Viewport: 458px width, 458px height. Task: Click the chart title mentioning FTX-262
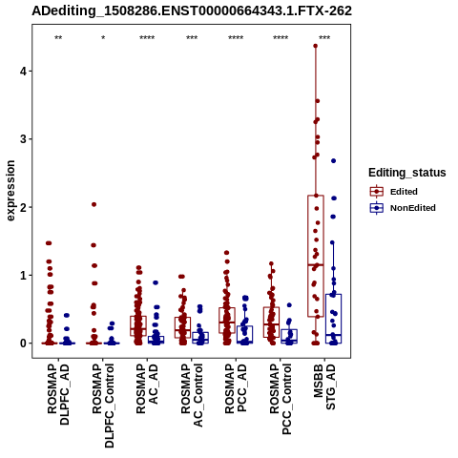(x=192, y=10)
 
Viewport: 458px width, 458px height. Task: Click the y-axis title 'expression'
(x=10, y=191)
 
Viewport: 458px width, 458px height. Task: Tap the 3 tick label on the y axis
(x=24, y=139)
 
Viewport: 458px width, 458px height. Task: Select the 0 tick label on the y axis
(x=24, y=343)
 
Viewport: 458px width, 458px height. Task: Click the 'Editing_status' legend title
(x=407, y=173)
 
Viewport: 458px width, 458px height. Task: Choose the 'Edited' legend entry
(x=404, y=192)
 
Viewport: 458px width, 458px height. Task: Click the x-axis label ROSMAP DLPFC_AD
(x=58, y=394)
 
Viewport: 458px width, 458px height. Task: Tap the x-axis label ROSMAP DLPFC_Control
(x=103, y=406)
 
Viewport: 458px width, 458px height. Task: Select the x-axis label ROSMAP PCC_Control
(x=281, y=399)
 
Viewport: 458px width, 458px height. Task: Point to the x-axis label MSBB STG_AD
(x=324, y=386)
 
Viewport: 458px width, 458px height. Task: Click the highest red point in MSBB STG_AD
(x=316, y=46)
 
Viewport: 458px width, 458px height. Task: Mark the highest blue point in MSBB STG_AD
(x=333, y=161)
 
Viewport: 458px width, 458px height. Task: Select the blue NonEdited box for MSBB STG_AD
(x=333, y=319)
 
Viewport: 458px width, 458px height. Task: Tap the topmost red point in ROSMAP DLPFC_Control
(x=94, y=204)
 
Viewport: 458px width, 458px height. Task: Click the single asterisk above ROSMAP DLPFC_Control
(x=103, y=37)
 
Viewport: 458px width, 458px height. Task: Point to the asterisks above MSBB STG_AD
(x=324, y=37)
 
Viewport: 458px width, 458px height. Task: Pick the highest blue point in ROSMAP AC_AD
(x=156, y=282)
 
